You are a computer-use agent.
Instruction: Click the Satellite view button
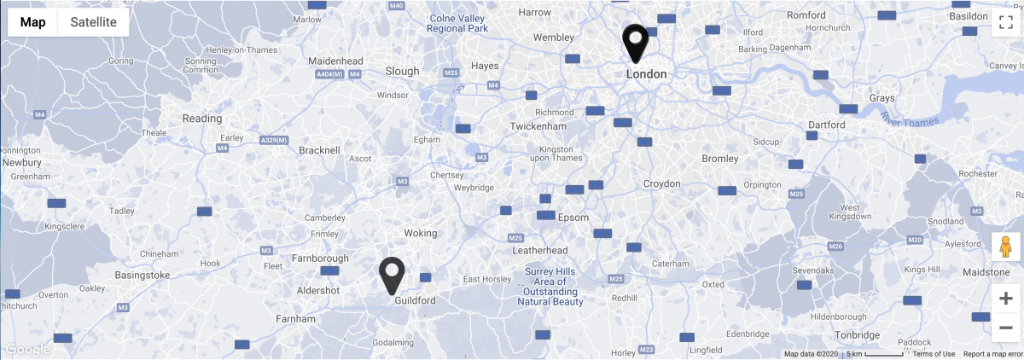pyautogui.click(x=93, y=22)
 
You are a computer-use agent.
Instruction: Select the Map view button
pyautogui.click(x=33, y=22)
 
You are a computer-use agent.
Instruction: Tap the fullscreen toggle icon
pyautogui.click(x=1005, y=22)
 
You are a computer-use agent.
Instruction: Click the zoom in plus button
pyautogui.click(x=1006, y=298)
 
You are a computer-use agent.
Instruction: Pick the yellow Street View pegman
pyautogui.click(x=1006, y=247)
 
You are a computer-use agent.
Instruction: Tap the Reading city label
pyautogui.click(x=202, y=119)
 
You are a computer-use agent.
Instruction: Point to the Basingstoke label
pyautogui.click(x=143, y=275)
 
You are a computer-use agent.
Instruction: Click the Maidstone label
pyautogui.click(x=986, y=272)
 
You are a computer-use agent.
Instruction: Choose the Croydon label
pyautogui.click(x=661, y=183)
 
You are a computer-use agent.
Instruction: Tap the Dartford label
pyautogui.click(x=826, y=125)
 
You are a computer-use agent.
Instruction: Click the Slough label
pyautogui.click(x=402, y=72)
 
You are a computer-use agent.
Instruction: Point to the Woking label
pyautogui.click(x=420, y=233)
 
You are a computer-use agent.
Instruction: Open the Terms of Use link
pyautogui.click(x=934, y=354)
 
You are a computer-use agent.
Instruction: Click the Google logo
pyautogui.click(x=27, y=349)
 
